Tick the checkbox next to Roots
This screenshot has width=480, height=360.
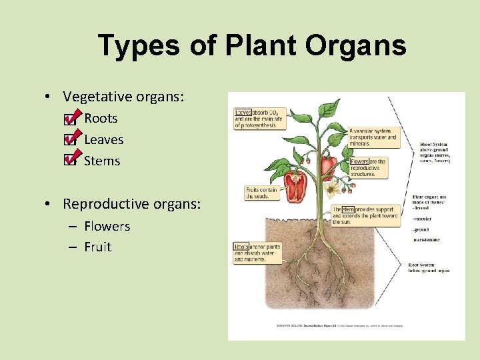pyautogui.click(x=69, y=120)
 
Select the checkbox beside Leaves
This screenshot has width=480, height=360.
pyautogui.click(x=69, y=141)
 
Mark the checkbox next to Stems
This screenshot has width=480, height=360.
pyautogui.click(x=69, y=161)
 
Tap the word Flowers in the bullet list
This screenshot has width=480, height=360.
pyautogui.click(x=107, y=226)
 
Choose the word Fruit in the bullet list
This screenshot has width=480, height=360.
pyautogui.click(x=97, y=247)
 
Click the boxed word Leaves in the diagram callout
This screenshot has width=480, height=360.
pyautogui.click(x=243, y=113)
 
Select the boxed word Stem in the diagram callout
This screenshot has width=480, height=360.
pyautogui.click(x=347, y=209)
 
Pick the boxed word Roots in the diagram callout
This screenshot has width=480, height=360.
pyautogui.click(x=241, y=247)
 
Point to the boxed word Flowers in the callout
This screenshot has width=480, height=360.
pyautogui.click(x=359, y=161)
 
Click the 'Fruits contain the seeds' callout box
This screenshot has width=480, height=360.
pyautogui.click(x=261, y=193)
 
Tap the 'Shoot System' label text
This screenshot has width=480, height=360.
pyautogui.click(x=434, y=143)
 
